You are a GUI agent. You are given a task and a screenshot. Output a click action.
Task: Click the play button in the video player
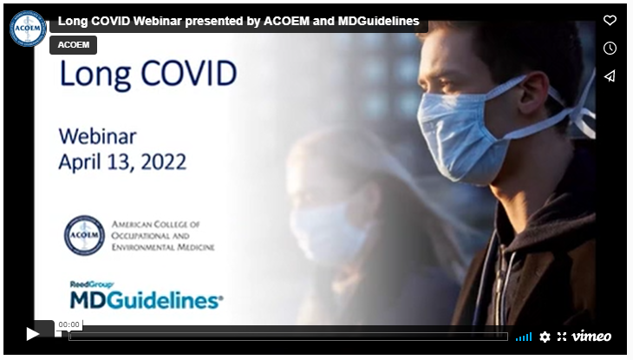[x=32, y=334]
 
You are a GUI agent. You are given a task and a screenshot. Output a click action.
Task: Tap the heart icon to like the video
[x=610, y=20]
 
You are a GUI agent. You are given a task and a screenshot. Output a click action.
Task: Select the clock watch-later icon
[x=610, y=48]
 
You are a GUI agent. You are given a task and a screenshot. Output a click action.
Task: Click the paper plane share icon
[x=610, y=76]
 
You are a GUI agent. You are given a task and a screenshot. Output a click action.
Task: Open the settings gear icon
[x=545, y=337]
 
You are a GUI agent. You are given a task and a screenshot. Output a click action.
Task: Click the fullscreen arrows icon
[x=562, y=337]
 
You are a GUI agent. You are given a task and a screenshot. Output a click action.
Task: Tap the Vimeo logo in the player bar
[x=591, y=337]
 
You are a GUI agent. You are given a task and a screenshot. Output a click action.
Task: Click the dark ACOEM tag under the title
[x=73, y=45]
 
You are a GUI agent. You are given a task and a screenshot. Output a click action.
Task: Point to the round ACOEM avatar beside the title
[x=28, y=29]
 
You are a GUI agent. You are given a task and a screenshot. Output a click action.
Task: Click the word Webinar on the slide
[x=98, y=136]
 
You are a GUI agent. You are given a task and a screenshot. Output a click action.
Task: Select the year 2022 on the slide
[x=164, y=162]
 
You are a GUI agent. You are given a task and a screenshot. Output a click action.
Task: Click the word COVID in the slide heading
[x=188, y=74]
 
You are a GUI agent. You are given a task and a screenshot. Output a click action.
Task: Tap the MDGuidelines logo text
[x=147, y=300]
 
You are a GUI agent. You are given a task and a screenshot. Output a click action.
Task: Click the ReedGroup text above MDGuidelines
[x=92, y=285]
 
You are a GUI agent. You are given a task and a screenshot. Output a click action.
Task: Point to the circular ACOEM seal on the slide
[x=84, y=235]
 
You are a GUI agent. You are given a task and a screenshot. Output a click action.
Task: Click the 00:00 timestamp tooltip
[x=69, y=324]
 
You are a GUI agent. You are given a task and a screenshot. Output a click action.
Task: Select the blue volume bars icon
[x=524, y=337]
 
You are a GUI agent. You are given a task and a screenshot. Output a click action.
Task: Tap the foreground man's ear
[x=534, y=94]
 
